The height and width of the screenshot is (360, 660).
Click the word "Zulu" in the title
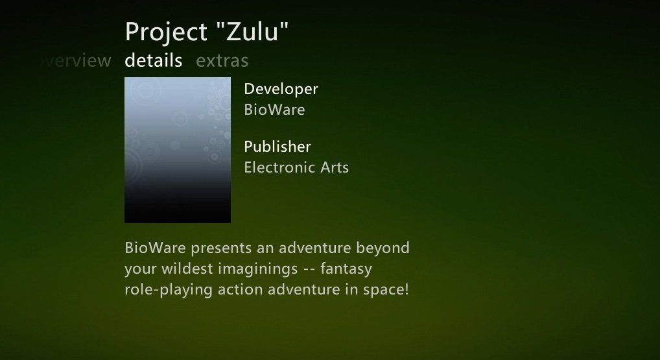pyautogui.click(x=253, y=31)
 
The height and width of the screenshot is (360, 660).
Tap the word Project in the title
pyautogui.click(x=166, y=33)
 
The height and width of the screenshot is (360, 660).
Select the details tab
pyautogui.click(x=154, y=60)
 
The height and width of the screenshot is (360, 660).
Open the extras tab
pyautogui.click(x=222, y=61)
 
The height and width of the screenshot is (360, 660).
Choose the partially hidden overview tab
pyautogui.click(x=76, y=61)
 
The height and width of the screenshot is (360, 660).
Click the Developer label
pyautogui.click(x=281, y=90)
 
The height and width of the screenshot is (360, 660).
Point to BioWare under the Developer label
pyautogui.click(x=274, y=110)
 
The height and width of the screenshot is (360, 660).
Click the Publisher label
pyautogui.click(x=277, y=147)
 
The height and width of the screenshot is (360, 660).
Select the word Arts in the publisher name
pyautogui.click(x=335, y=167)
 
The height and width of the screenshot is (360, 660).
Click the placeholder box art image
pyautogui.click(x=178, y=150)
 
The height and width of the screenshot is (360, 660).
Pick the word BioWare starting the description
pyautogui.click(x=156, y=248)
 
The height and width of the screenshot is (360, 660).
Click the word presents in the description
pyautogui.click(x=221, y=248)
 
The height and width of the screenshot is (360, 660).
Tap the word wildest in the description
pyautogui.click(x=187, y=269)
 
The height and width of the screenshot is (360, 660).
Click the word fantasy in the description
pyautogui.click(x=346, y=269)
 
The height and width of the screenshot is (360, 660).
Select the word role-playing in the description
pyautogui.click(x=169, y=290)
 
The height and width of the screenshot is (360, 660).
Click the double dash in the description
pyautogui.click(x=309, y=270)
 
